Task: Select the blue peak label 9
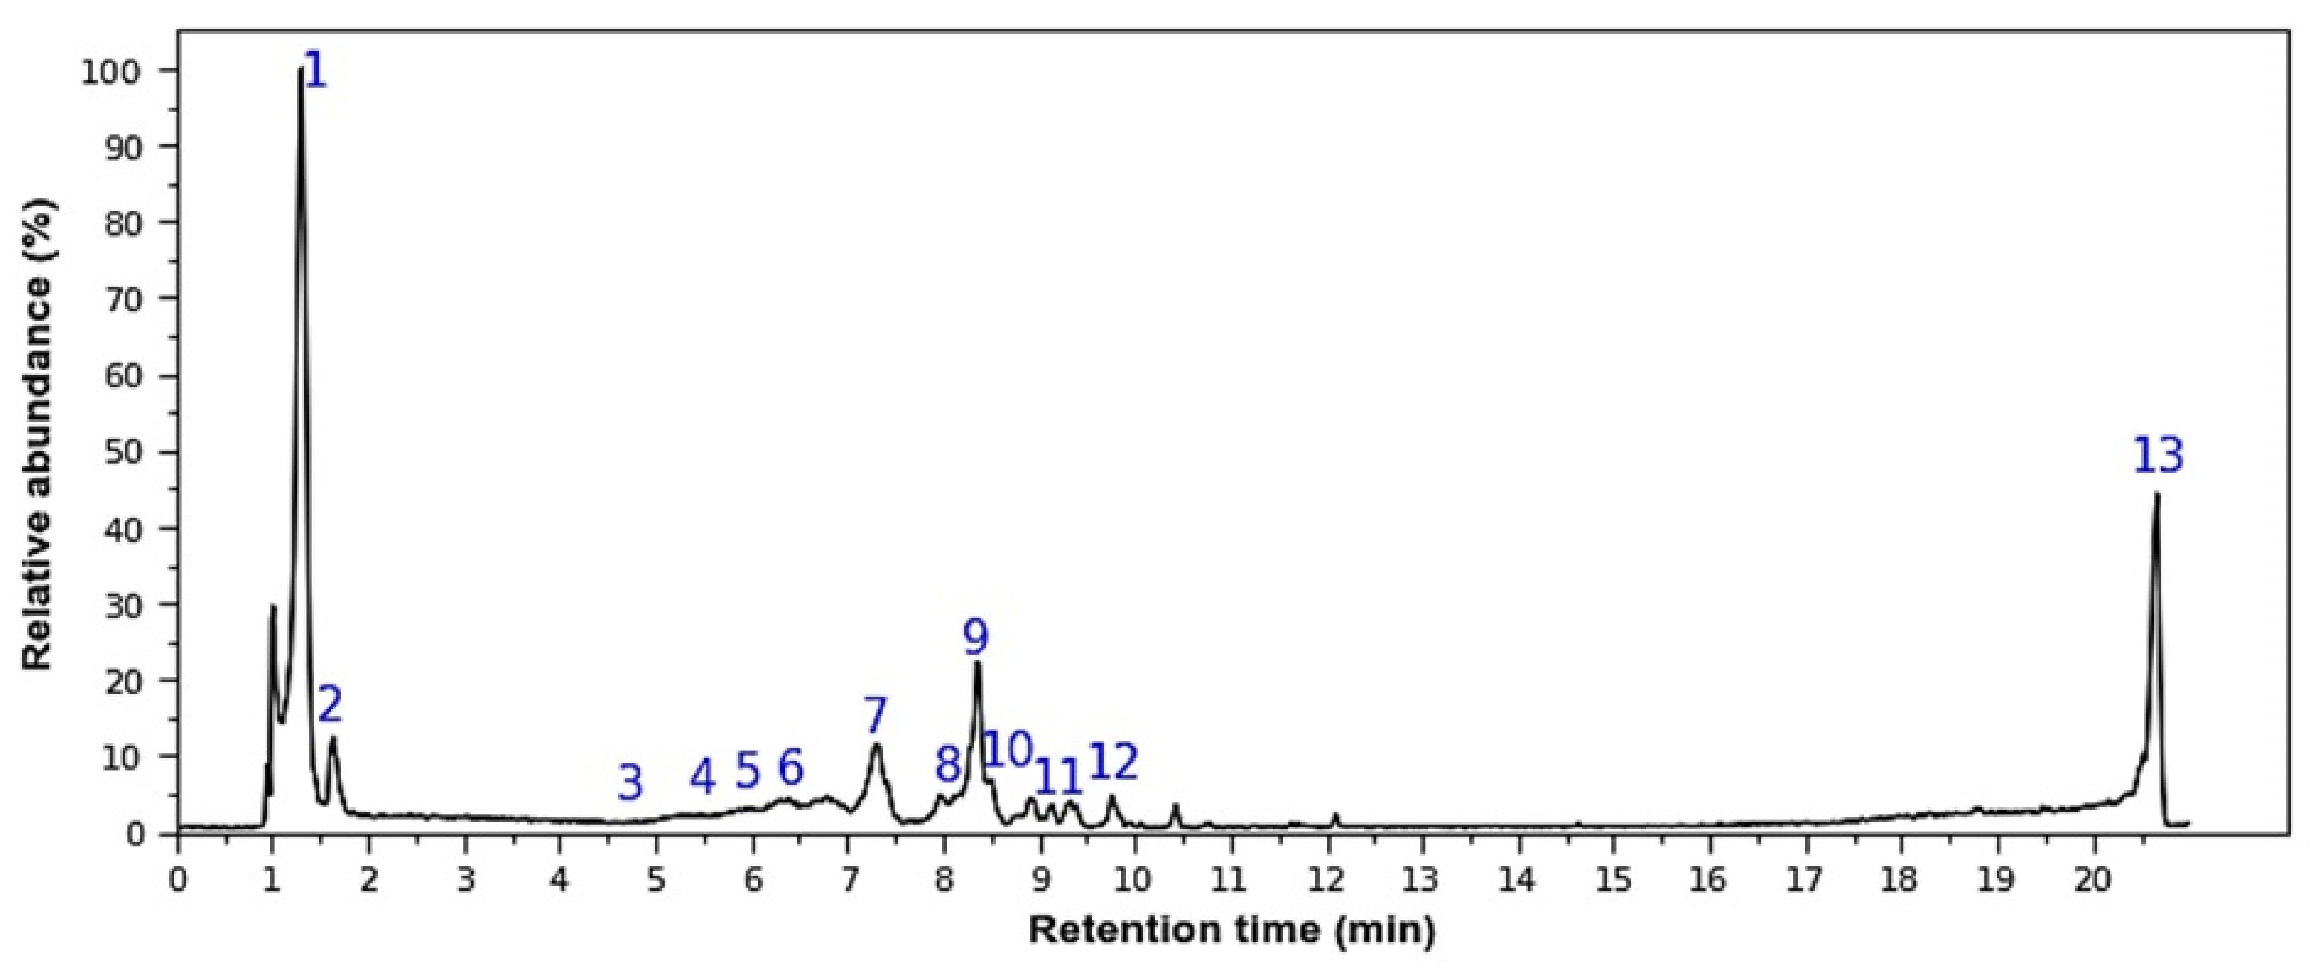(975, 637)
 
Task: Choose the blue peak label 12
(1113, 763)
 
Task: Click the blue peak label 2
(330, 705)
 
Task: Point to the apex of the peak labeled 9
(977, 663)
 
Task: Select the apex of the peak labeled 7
(876, 745)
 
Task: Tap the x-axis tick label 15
(1615, 879)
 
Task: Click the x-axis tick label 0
(178, 879)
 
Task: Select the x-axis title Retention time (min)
(1232, 931)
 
